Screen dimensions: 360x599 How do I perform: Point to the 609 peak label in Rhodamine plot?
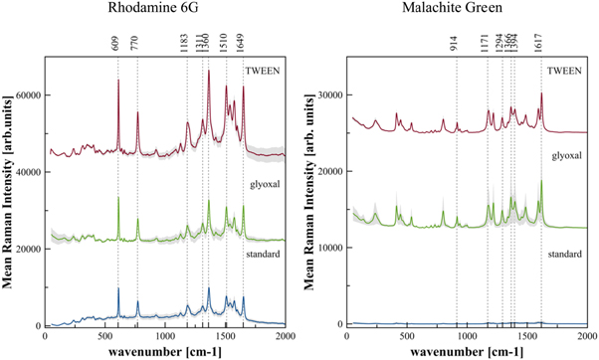click(118, 45)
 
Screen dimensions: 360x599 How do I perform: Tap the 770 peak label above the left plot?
click(137, 45)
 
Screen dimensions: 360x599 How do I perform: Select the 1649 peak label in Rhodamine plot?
click(243, 45)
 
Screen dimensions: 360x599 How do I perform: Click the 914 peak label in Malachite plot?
click(457, 45)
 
